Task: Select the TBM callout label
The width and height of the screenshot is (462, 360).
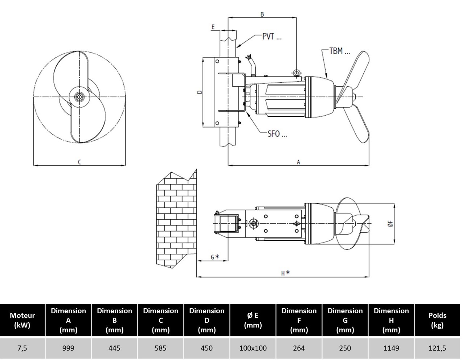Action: click(339, 51)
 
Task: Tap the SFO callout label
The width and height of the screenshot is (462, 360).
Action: click(277, 134)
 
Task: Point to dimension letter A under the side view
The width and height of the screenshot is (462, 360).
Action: click(299, 162)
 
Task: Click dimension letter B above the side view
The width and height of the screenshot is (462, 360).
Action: click(262, 15)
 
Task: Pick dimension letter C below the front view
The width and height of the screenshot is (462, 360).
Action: click(79, 162)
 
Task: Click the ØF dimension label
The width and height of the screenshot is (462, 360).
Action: click(390, 224)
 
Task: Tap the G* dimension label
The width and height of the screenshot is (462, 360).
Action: click(215, 257)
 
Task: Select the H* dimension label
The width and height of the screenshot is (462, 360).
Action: click(286, 273)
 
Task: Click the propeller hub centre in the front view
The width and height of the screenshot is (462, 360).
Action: click(79, 97)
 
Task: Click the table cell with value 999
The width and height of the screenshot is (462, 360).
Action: click(68, 348)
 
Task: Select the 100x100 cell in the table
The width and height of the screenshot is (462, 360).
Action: click(253, 348)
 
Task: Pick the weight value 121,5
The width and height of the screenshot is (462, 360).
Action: click(437, 348)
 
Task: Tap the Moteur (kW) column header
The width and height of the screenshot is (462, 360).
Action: click(23, 320)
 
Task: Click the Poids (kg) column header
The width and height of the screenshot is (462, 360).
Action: click(437, 320)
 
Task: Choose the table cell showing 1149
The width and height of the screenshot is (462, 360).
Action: click(391, 348)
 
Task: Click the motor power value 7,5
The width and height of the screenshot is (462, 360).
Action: click(23, 348)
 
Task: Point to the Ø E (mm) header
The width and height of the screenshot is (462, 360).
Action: click(253, 320)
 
